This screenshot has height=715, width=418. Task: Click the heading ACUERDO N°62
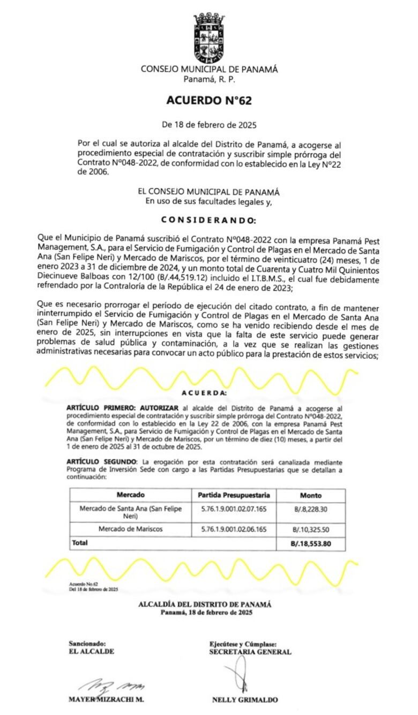pyautogui.click(x=208, y=100)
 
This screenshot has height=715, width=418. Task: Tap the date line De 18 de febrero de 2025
pyautogui.click(x=209, y=125)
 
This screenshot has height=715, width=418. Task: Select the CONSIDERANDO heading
pyautogui.click(x=209, y=220)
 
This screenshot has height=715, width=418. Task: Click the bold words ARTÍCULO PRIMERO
pyautogui.click(x=100, y=408)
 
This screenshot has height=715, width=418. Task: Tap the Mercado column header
pyautogui.click(x=130, y=495)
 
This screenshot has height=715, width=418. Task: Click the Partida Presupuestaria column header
pyautogui.click(x=234, y=495)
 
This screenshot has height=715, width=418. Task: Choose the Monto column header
pyautogui.click(x=311, y=496)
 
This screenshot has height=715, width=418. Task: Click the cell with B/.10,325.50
pyautogui.click(x=311, y=530)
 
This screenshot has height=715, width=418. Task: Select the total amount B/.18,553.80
pyautogui.click(x=311, y=543)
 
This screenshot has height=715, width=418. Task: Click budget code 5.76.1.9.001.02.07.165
pyautogui.click(x=234, y=508)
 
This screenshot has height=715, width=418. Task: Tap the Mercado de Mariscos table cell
pyautogui.click(x=130, y=529)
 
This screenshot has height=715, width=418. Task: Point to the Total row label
pyautogui.click(x=80, y=543)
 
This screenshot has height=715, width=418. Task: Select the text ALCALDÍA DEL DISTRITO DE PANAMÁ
pyautogui.click(x=205, y=604)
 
